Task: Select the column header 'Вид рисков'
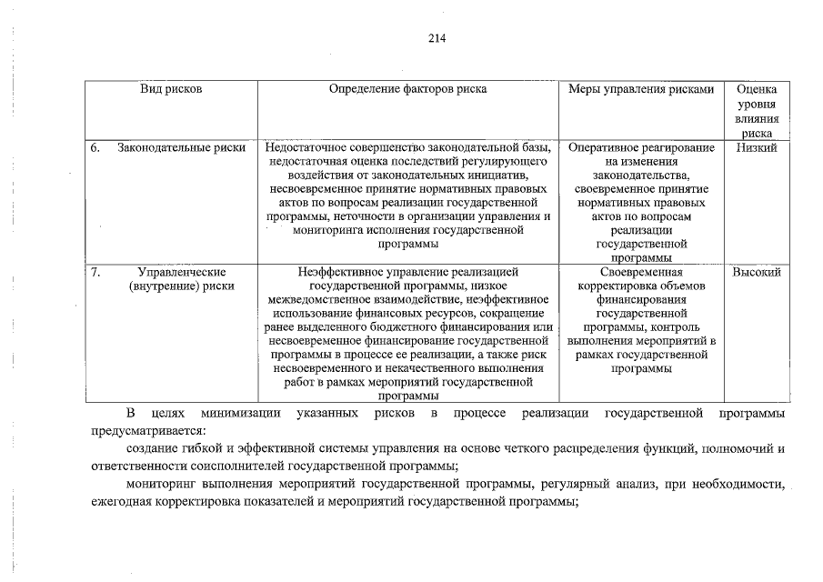(x=171, y=89)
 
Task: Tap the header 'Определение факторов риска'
(x=407, y=89)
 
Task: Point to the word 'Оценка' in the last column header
(x=757, y=90)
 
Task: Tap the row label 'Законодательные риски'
(x=182, y=148)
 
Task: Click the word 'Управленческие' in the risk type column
(x=182, y=271)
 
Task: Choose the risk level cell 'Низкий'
(x=757, y=148)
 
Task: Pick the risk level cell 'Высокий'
(x=757, y=271)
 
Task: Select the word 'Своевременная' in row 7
(x=641, y=271)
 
